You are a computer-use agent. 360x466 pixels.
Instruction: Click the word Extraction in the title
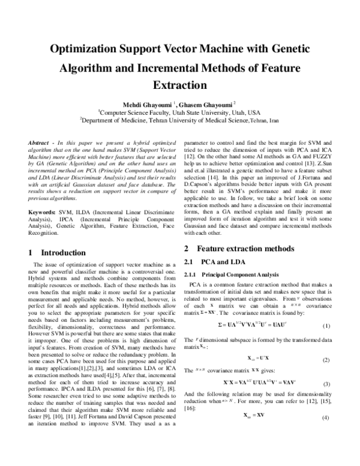click(x=180, y=85)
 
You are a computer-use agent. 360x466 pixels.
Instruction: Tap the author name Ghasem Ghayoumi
click(x=206, y=103)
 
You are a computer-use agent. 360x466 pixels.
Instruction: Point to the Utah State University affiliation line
click(x=179, y=112)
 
